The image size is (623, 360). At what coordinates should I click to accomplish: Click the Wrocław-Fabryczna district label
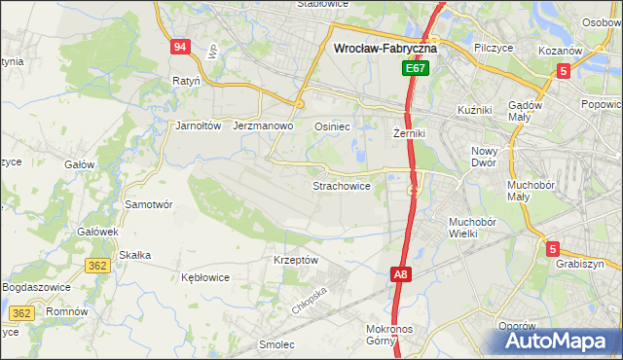click(x=385, y=47)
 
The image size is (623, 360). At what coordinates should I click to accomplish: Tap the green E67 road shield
click(x=416, y=69)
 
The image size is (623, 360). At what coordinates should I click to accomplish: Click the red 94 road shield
click(x=179, y=47)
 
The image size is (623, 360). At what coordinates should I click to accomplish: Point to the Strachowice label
click(x=341, y=186)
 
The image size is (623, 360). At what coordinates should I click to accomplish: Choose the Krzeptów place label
click(x=296, y=261)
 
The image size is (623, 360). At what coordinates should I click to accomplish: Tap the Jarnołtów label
click(x=199, y=126)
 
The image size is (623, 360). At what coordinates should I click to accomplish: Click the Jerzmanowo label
click(x=264, y=126)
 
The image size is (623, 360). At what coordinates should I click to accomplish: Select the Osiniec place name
click(x=332, y=126)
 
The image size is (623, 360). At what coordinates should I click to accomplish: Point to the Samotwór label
click(x=149, y=205)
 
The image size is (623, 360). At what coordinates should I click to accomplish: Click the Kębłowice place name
click(x=205, y=277)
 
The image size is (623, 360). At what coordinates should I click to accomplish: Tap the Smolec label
click(x=277, y=344)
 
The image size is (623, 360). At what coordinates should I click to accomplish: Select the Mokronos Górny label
click(x=392, y=336)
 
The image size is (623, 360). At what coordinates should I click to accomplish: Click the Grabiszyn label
click(x=580, y=264)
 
